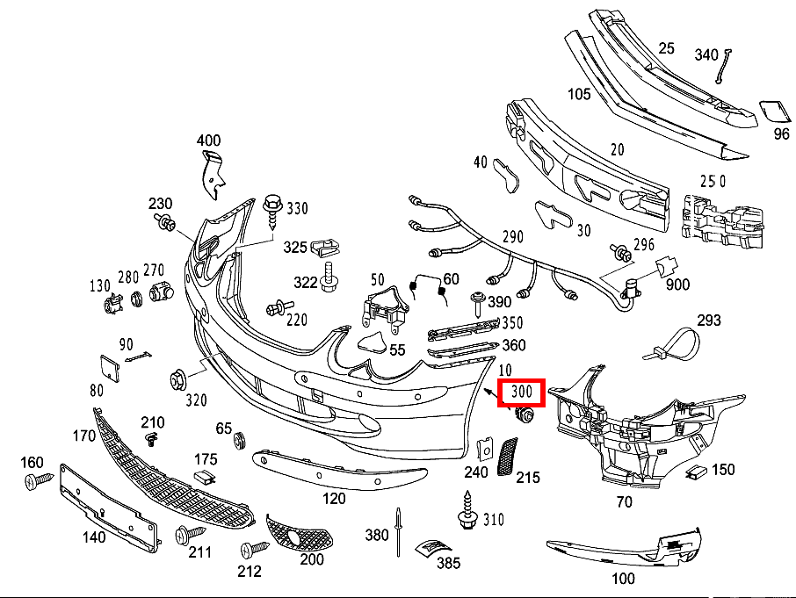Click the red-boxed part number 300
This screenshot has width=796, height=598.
(x=521, y=393)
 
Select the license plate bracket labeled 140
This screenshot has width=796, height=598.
(x=107, y=507)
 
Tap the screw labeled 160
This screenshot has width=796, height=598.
(x=40, y=480)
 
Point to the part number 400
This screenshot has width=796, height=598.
(x=208, y=140)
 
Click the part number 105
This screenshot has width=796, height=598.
(x=579, y=94)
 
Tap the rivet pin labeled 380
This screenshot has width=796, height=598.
(x=398, y=531)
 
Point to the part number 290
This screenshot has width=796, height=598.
(x=512, y=237)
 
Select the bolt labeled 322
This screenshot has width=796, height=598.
(x=329, y=277)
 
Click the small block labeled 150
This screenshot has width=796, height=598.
(x=697, y=472)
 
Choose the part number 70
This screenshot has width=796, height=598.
(x=624, y=502)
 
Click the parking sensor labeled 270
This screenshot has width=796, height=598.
(x=160, y=292)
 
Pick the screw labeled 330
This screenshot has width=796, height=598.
(x=272, y=209)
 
